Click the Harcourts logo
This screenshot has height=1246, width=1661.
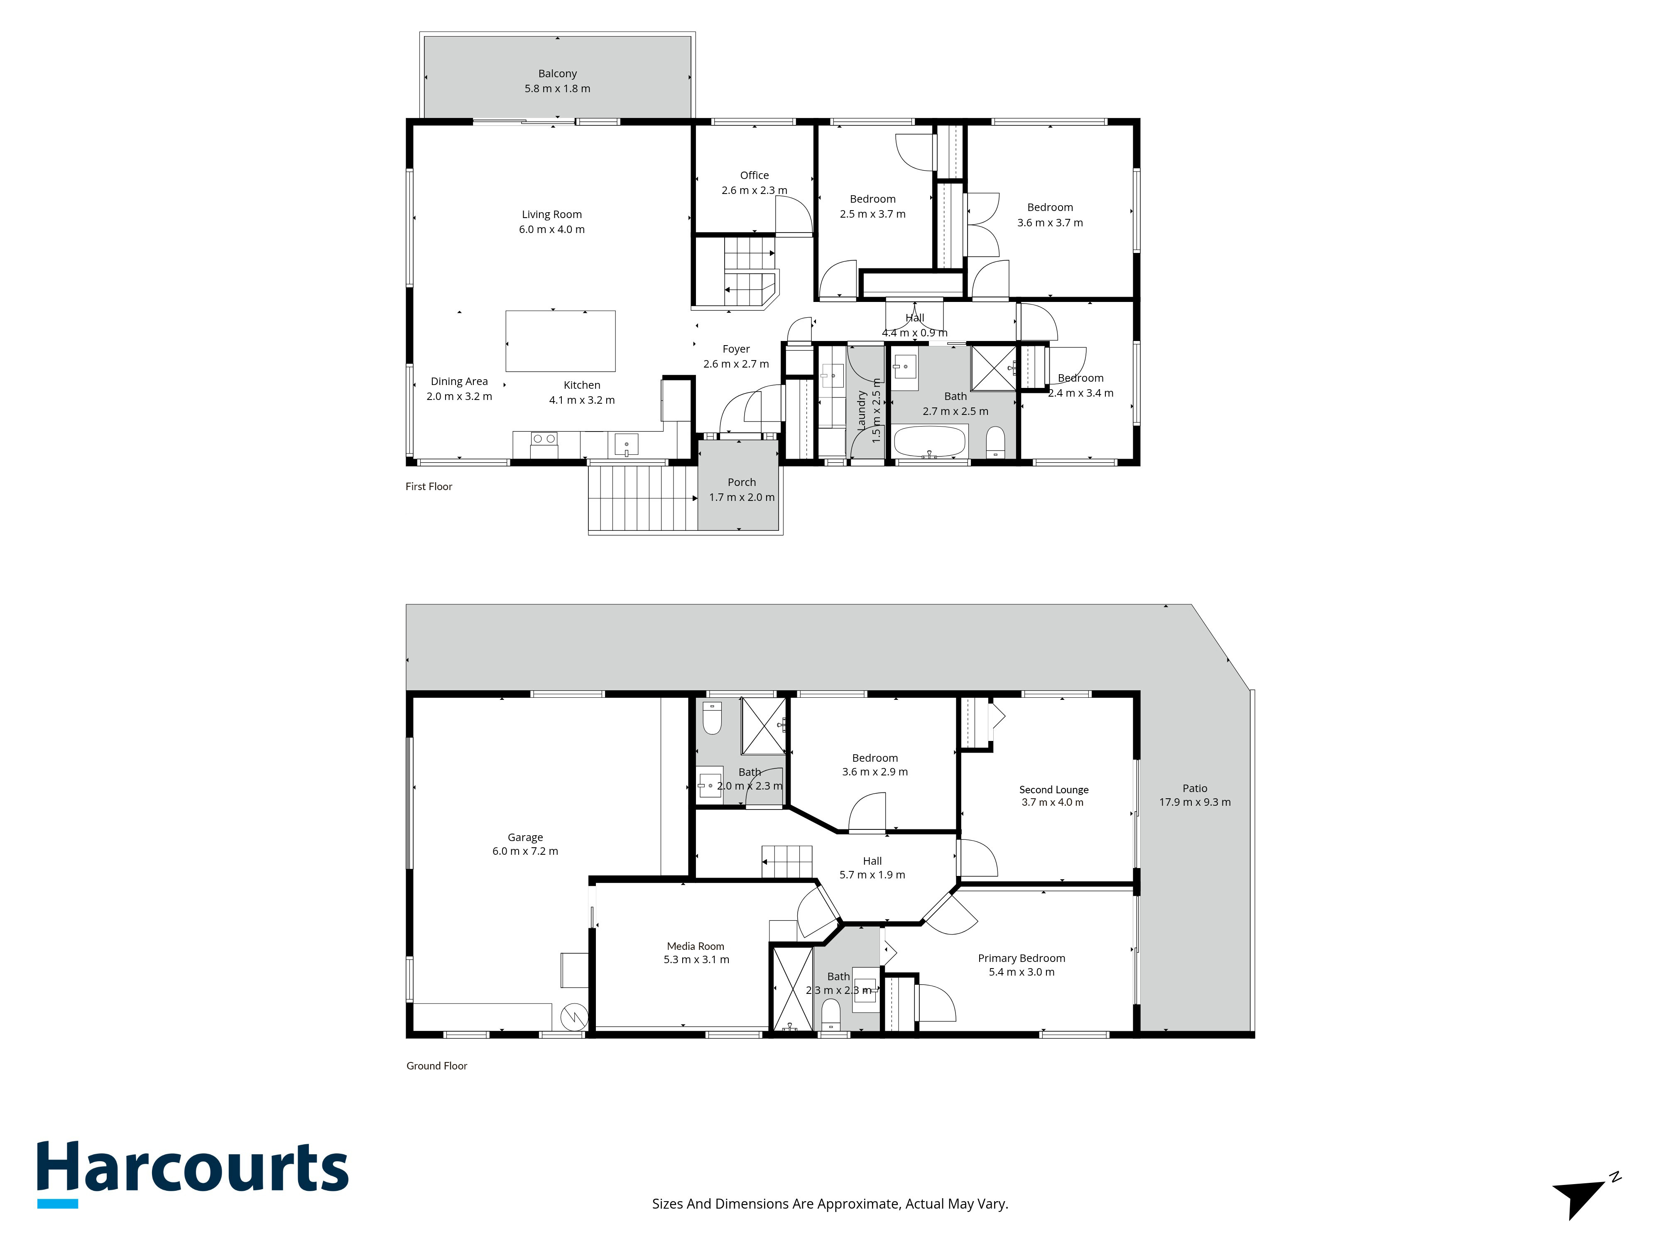193,1174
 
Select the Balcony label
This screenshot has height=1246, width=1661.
557,74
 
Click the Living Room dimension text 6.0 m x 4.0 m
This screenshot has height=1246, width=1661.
552,230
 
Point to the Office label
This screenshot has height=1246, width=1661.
755,175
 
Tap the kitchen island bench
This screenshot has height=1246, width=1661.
560,341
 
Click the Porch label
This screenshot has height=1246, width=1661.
742,482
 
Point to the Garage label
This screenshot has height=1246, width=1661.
525,837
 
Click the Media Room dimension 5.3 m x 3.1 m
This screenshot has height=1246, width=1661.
696,960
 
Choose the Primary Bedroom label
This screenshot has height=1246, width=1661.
1021,958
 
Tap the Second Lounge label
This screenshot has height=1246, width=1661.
1053,790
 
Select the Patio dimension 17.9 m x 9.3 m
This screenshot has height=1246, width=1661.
1195,802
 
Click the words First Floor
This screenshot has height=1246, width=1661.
429,487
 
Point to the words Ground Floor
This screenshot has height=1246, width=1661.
436,1066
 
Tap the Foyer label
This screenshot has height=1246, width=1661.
736,349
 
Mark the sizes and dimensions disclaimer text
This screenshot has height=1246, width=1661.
830,1204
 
